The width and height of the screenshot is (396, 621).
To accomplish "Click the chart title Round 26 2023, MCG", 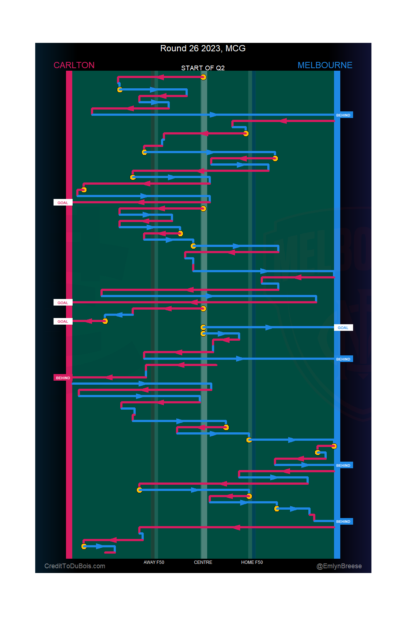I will (x=203, y=48).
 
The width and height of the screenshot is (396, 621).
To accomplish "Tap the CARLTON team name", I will (x=74, y=65).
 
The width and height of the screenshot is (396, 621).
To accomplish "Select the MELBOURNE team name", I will (x=325, y=65).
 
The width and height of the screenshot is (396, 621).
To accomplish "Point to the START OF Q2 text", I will (x=203, y=68).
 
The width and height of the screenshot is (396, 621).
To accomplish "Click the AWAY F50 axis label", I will (x=154, y=562).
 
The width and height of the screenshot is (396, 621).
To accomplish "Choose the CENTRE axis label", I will (x=203, y=562).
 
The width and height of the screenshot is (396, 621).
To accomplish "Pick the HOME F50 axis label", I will (x=252, y=562).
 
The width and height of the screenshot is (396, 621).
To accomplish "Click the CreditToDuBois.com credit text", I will (x=75, y=566).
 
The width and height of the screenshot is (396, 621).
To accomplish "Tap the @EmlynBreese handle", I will (x=339, y=566).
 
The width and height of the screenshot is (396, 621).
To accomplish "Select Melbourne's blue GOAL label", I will (x=343, y=328).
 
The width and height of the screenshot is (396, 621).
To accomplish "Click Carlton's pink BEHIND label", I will (x=63, y=378).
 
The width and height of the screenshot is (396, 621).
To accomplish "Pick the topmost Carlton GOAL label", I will (x=63, y=203).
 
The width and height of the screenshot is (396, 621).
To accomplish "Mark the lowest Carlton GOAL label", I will (x=63, y=321).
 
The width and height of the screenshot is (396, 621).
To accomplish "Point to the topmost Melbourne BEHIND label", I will (x=343, y=115).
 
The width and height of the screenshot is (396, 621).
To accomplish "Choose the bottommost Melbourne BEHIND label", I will (x=343, y=521).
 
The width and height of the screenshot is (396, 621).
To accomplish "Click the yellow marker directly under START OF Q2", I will (x=203, y=77).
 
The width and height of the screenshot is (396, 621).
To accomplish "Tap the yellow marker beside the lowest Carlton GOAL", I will (x=105, y=321).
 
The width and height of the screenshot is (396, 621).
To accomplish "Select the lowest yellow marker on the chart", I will (x=84, y=546).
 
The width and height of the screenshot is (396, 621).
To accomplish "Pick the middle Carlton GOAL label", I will (x=63, y=303).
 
